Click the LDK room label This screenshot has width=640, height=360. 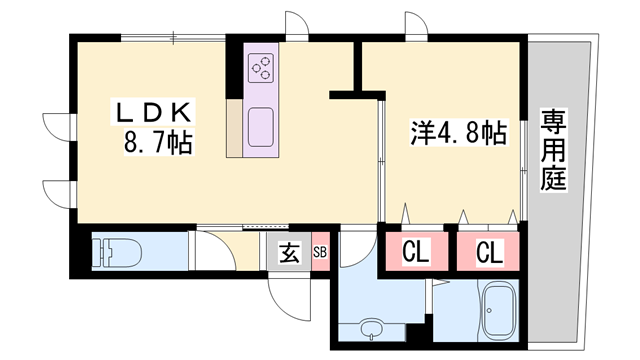coord(153,113)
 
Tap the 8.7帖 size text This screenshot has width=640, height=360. coord(158,141)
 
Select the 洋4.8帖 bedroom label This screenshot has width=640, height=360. coord(458,132)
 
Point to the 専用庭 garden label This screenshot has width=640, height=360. coord(553,149)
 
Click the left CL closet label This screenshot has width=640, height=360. coord(416,252)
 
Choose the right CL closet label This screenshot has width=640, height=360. coord(489,252)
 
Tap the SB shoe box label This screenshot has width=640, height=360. coord(320,252)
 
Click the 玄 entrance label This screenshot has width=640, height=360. coord(290,252)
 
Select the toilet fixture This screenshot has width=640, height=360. coord(117,252)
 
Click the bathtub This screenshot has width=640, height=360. coord(498,310)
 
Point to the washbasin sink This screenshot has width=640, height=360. coord(371,328)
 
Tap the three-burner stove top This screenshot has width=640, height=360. coord(261,68)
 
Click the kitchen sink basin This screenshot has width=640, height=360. coord(261,127)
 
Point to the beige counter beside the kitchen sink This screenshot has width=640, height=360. coord(235,128)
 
